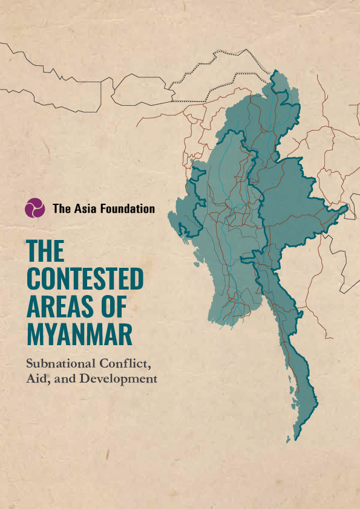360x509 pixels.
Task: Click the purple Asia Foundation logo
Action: click(x=34, y=208)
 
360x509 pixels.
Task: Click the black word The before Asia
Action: click(x=62, y=209)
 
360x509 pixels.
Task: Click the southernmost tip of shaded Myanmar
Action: click(x=295, y=440)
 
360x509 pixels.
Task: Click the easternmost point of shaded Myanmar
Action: click(x=349, y=207)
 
